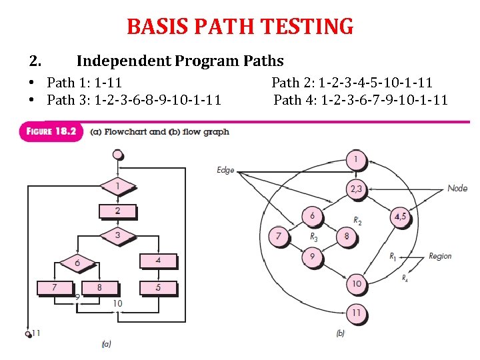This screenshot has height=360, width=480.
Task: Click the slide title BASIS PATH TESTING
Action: [x=240, y=27]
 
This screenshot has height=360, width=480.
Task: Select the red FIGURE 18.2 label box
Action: [x=52, y=131]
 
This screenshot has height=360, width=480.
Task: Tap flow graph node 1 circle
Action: [x=356, y=160]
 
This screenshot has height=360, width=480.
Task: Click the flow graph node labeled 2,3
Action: [x=356, y=189]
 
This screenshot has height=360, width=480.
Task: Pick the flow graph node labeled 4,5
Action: [x=400, y=216]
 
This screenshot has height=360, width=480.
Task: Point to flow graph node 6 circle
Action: [x=312, y=216]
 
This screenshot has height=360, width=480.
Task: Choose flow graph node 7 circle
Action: [x=279, y=237]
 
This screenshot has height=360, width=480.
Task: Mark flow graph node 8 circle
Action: [x=346, y=237]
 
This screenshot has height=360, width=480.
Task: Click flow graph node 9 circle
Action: [x=312, y=256]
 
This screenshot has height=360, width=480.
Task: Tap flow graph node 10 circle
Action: [x=356, y=284]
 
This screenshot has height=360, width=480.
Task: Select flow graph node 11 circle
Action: [x=356, y=311]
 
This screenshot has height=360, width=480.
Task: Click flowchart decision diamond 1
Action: [x=117, y=186]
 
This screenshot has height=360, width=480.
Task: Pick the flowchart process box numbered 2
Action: [x=117, y=211]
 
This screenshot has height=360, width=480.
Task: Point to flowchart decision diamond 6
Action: [x=77, y=263]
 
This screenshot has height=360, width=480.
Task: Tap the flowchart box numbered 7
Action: [x=55, y=287]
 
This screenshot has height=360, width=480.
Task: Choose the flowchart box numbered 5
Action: [x=158, y=287]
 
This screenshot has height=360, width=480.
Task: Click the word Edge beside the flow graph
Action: [x=225, y=170]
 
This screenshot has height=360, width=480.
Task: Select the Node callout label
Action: [x=457, y=189]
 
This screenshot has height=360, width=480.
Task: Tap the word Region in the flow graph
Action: [x=440, y=256]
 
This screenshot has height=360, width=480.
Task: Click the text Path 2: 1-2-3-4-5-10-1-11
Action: [x=352, y=83]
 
